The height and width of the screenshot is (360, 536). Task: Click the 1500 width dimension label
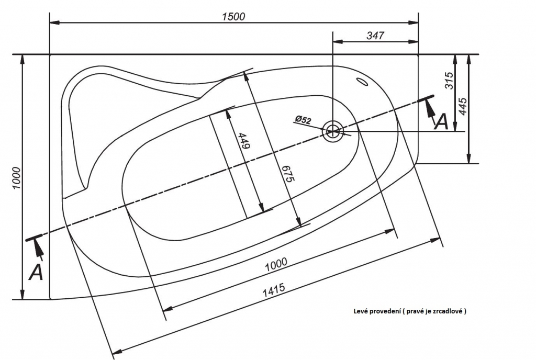[234, 16]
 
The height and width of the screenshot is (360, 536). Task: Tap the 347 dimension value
[375, 35]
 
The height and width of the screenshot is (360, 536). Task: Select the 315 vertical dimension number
[449, 80]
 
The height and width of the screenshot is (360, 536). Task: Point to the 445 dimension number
[462, 106]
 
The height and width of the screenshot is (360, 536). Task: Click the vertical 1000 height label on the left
[16, 177]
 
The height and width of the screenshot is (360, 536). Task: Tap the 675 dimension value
[288, 174]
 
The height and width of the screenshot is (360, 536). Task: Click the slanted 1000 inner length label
[276, 264]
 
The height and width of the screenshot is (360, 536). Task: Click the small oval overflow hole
[362, 82]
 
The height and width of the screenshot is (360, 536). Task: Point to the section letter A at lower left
[36, 272]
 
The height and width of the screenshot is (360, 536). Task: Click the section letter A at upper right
[441, 121]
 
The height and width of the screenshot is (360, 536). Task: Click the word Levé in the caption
[359, 311]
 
